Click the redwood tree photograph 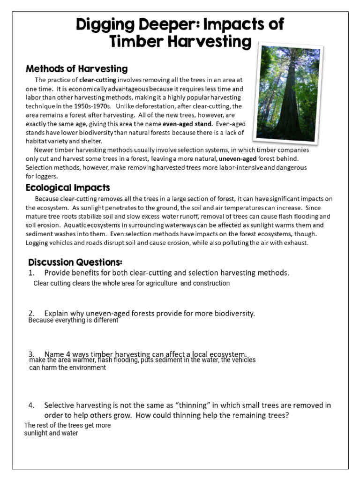(x=286, y=93)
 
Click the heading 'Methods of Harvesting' (x=76, y=69)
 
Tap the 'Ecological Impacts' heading (x=68, y=188)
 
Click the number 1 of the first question (x=31, y=273)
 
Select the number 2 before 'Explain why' (x=31, y=313)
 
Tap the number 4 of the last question (x=31, y=405)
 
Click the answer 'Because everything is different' (x=73, y=321)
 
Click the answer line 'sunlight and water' (x=51, y=433)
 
